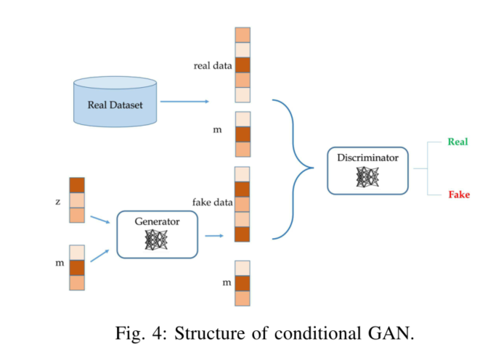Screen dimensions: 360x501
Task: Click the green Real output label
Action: [457, 142]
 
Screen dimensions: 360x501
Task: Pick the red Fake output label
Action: [458, 195]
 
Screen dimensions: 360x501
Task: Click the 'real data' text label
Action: [212, 66]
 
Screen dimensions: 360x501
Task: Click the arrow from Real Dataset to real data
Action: [184, 102]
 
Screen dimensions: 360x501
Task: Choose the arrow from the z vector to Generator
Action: [102, 216]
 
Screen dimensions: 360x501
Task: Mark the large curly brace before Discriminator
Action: [294, 168]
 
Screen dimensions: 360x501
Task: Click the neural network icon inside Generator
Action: [157, 239]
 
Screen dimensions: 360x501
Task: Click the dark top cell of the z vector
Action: [77, 185]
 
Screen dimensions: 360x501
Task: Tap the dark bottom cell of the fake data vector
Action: [243, 234]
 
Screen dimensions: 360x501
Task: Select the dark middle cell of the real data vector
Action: [243, 65]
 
